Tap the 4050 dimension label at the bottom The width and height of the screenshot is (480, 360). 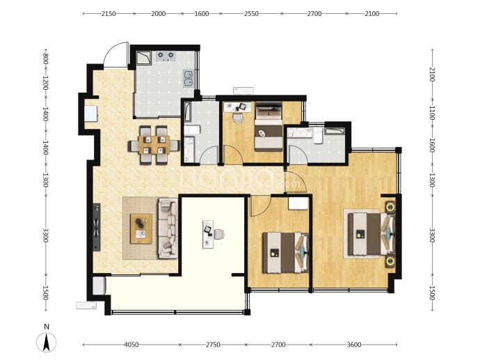click(x=131, y=345)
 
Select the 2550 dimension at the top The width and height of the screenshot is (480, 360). click(x=251, y=14)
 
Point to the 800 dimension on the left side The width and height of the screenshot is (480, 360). click(x=45, y=58)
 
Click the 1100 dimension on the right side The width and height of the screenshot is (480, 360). click(x=431, y=113)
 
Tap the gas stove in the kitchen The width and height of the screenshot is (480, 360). click(x=166, y=56)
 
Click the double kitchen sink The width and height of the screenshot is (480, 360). click(x=189, y=78)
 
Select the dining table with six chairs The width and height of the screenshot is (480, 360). click(x=154, y=146)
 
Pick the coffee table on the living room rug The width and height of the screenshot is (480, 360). click(x=141, y=228)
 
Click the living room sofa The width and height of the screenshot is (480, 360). click(x=168, y=228)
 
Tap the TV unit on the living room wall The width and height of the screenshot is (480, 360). click(x=97, y=227)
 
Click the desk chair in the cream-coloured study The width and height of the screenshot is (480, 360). click(x=219, y=234)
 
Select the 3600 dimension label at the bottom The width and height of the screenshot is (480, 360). click(x=354, y=345)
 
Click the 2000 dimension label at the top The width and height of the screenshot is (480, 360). click(x=159, y=14)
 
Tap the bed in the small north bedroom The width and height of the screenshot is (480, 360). click(x=269, y=127)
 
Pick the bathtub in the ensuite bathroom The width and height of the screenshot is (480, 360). click(x=335, y=131)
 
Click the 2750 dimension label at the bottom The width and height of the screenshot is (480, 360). click(x=213, y=345)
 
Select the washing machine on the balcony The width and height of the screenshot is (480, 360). click(x=99, y=285)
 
